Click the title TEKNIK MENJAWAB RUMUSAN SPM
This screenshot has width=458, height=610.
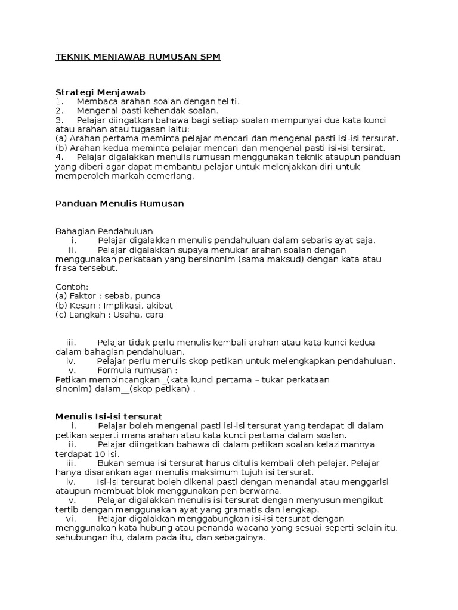coord(138,57)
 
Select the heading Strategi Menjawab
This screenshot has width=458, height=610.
coord(100,92)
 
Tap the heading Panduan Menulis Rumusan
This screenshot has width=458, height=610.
coord(119,203)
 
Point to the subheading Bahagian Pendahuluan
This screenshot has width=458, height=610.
coord(104,231)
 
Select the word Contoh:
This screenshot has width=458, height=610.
coord(72,287)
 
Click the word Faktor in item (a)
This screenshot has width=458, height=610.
coord(82,296)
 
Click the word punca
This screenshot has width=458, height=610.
coord(148,296)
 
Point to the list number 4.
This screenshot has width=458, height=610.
coord(59,157)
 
